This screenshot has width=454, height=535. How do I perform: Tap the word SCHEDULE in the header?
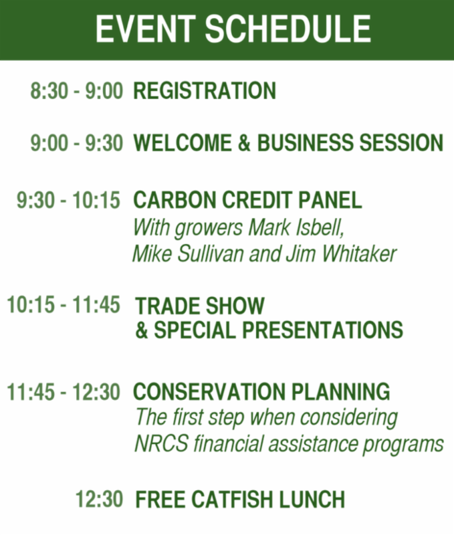point(288,29)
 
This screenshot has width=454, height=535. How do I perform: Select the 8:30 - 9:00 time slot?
point(76,91)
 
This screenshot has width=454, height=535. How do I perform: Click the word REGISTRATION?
point(205,91)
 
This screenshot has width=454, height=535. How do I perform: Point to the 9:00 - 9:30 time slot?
point(76,142)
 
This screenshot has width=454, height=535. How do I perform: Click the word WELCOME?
point(183,142)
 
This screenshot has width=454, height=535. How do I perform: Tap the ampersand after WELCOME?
point(244,142)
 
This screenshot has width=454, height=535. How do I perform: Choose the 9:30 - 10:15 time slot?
point(69,200)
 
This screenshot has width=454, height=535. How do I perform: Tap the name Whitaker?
point(359,254)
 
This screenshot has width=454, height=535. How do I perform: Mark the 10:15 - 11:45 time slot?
point(64,304)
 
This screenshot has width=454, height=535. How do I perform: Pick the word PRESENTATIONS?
point(323,330)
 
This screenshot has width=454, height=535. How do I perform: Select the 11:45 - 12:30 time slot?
point(64,391)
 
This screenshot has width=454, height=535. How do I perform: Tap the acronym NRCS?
point(161,443)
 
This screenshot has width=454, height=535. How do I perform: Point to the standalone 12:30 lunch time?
point(99,499)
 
